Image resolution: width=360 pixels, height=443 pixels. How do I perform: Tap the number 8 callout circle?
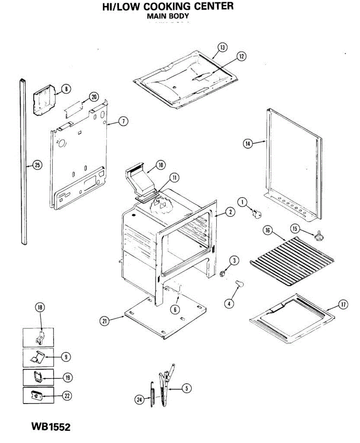[x=66, y=89]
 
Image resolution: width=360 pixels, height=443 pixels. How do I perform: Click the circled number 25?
[x=37, y=165]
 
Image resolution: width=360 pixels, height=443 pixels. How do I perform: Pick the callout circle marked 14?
[x=247, y=144]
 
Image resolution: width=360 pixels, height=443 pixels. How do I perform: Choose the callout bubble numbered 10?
[x=160, y=165]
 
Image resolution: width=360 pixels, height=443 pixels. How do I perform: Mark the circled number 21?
[x=105, y=321]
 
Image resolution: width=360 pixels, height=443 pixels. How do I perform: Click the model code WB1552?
[x=51, y=427]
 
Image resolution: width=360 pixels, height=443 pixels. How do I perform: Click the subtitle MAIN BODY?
[x=168, y=16]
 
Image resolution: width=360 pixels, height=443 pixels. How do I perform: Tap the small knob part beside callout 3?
[x=223, y=273]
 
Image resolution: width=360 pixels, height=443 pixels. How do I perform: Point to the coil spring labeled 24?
[x=152, y=395]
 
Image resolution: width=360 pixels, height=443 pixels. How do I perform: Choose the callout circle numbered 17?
[x=343, y=305]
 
